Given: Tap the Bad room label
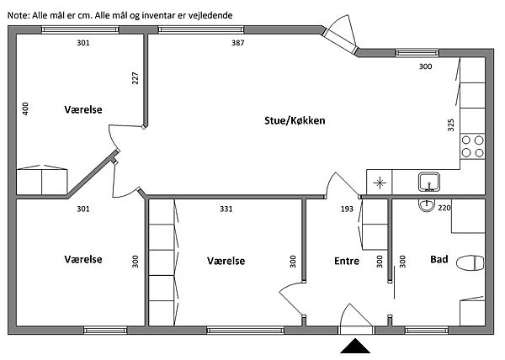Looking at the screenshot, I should coord(439,260).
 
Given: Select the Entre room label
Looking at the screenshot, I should coord(347,261).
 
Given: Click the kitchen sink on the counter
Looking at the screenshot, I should coord(429,181).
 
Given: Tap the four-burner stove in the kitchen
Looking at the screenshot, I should coord(472,148).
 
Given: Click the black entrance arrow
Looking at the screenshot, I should coord(354,346).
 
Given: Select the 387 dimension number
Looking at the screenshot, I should coord(238,43).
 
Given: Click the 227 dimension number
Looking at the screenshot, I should coord(135,79).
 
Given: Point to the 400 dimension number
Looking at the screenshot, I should coord(25,109).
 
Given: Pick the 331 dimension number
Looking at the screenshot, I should coord(226,209).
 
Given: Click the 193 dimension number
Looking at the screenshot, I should coord(346,209).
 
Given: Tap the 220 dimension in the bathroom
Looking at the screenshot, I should coord(445,206).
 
